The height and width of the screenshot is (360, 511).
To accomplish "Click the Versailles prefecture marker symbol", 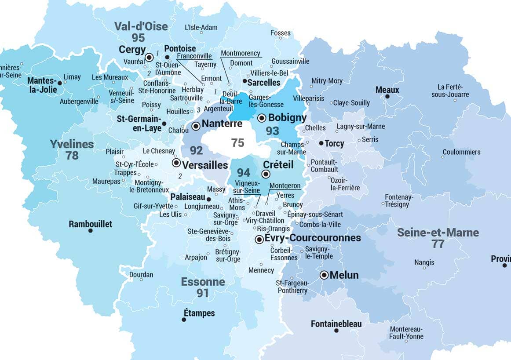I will [176, 163].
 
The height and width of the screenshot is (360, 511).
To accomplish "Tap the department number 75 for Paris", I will [237, 142].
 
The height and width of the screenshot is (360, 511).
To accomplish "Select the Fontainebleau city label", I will [336, 324].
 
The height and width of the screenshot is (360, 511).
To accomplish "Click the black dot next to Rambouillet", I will [91, 231].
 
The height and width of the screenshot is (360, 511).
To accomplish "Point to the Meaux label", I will [387, 90].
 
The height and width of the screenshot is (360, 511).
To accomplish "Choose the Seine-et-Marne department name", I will [438, 233].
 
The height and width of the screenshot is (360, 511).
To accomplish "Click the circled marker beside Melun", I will [324, 275].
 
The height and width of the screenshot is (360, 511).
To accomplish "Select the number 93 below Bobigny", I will [272, 131].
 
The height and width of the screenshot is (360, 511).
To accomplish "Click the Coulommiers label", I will [461, 152].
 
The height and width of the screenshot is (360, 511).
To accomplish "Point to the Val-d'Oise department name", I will [141, 26].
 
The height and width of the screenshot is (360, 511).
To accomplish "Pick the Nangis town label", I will [424, 262].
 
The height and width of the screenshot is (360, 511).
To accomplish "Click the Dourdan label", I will [141, 275].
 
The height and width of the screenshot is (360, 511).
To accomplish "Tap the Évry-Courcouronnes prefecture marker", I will [259, 239].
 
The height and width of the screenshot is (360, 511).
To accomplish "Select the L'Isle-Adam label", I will [201, 27].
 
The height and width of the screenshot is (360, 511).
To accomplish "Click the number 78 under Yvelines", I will [72, 155].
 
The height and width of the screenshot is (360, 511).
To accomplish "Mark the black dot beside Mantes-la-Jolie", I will [59, 83].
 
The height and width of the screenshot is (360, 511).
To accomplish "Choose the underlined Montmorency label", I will [241, 53].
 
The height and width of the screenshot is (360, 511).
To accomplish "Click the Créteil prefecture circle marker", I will [266, 174].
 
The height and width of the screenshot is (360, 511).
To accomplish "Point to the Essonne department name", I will [203, 282].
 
